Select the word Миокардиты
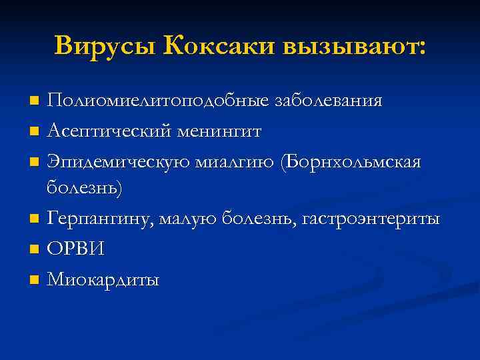[x=103, y=279]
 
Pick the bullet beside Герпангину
[x=34, y=219]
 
